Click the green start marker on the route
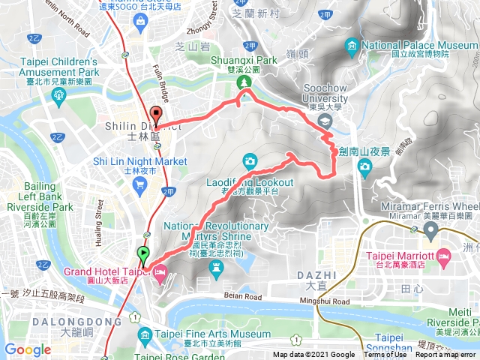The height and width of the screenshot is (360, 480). (x=143, y=253)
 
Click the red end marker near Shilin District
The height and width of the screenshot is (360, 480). (x=157, y=113)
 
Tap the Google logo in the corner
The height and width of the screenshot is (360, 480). (x=28, y=350)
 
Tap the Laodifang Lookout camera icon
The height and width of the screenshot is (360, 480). (x=250, y=160)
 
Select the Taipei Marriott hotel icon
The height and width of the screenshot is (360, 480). (x=443, y=256)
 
